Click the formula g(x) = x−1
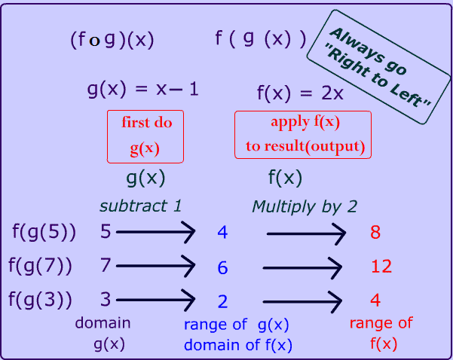tap(143, 90)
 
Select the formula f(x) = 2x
tap(300, 93)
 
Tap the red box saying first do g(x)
tap(146, 136)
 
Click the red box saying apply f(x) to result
tap(303, 135)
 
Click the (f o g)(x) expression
tap(112, 40)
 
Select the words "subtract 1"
tap(142, 206)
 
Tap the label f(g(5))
tap(44, 232)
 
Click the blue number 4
tap(222, 232)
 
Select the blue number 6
tap(222, 267)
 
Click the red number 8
tap(375, 232)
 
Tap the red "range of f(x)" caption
tap(381, 331)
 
